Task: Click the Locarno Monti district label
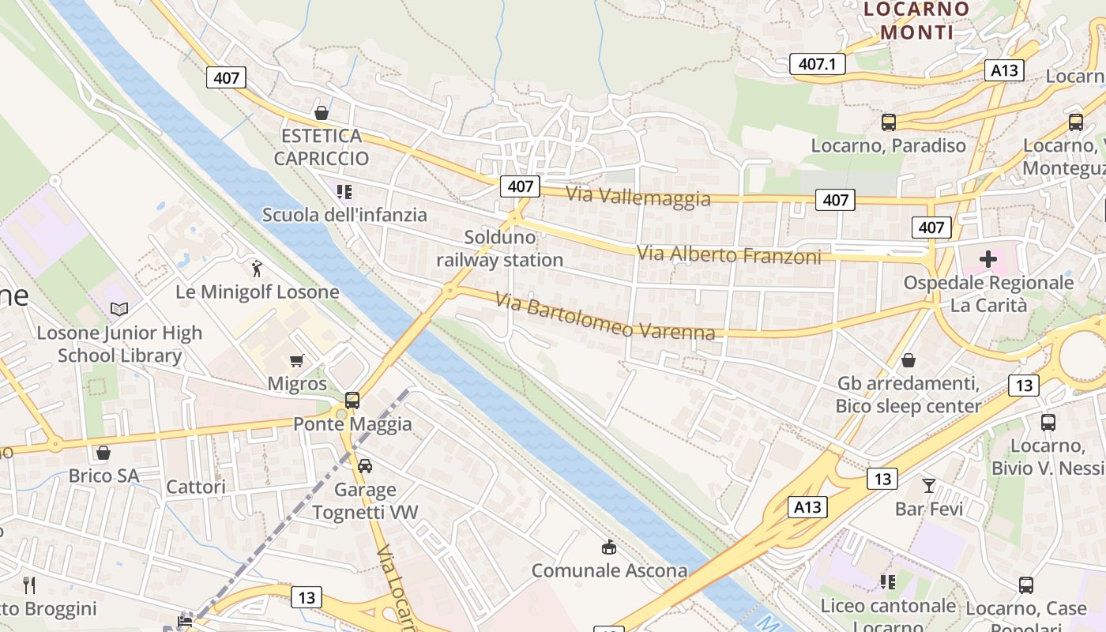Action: (916, 21)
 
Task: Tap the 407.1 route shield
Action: (817, 64)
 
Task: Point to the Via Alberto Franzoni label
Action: (729, 254)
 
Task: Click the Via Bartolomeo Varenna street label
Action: (605, 316)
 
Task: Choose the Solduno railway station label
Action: (499, 248)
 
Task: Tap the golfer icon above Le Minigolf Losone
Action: (255, 269)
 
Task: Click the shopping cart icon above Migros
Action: (297, 361)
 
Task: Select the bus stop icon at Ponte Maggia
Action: (352, 400)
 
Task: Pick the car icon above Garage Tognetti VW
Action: (364, 465)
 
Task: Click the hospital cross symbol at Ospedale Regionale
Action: (987, 259)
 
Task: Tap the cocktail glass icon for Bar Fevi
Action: (929, 485)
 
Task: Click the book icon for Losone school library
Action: (119, 309)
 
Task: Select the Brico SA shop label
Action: (103, 476)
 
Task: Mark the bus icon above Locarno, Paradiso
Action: (889, 122)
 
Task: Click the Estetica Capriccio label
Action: (322, 147)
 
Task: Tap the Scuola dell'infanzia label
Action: (344, 215)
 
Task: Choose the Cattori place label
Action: (196, 487)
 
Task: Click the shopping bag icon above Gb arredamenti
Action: (908, 361)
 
